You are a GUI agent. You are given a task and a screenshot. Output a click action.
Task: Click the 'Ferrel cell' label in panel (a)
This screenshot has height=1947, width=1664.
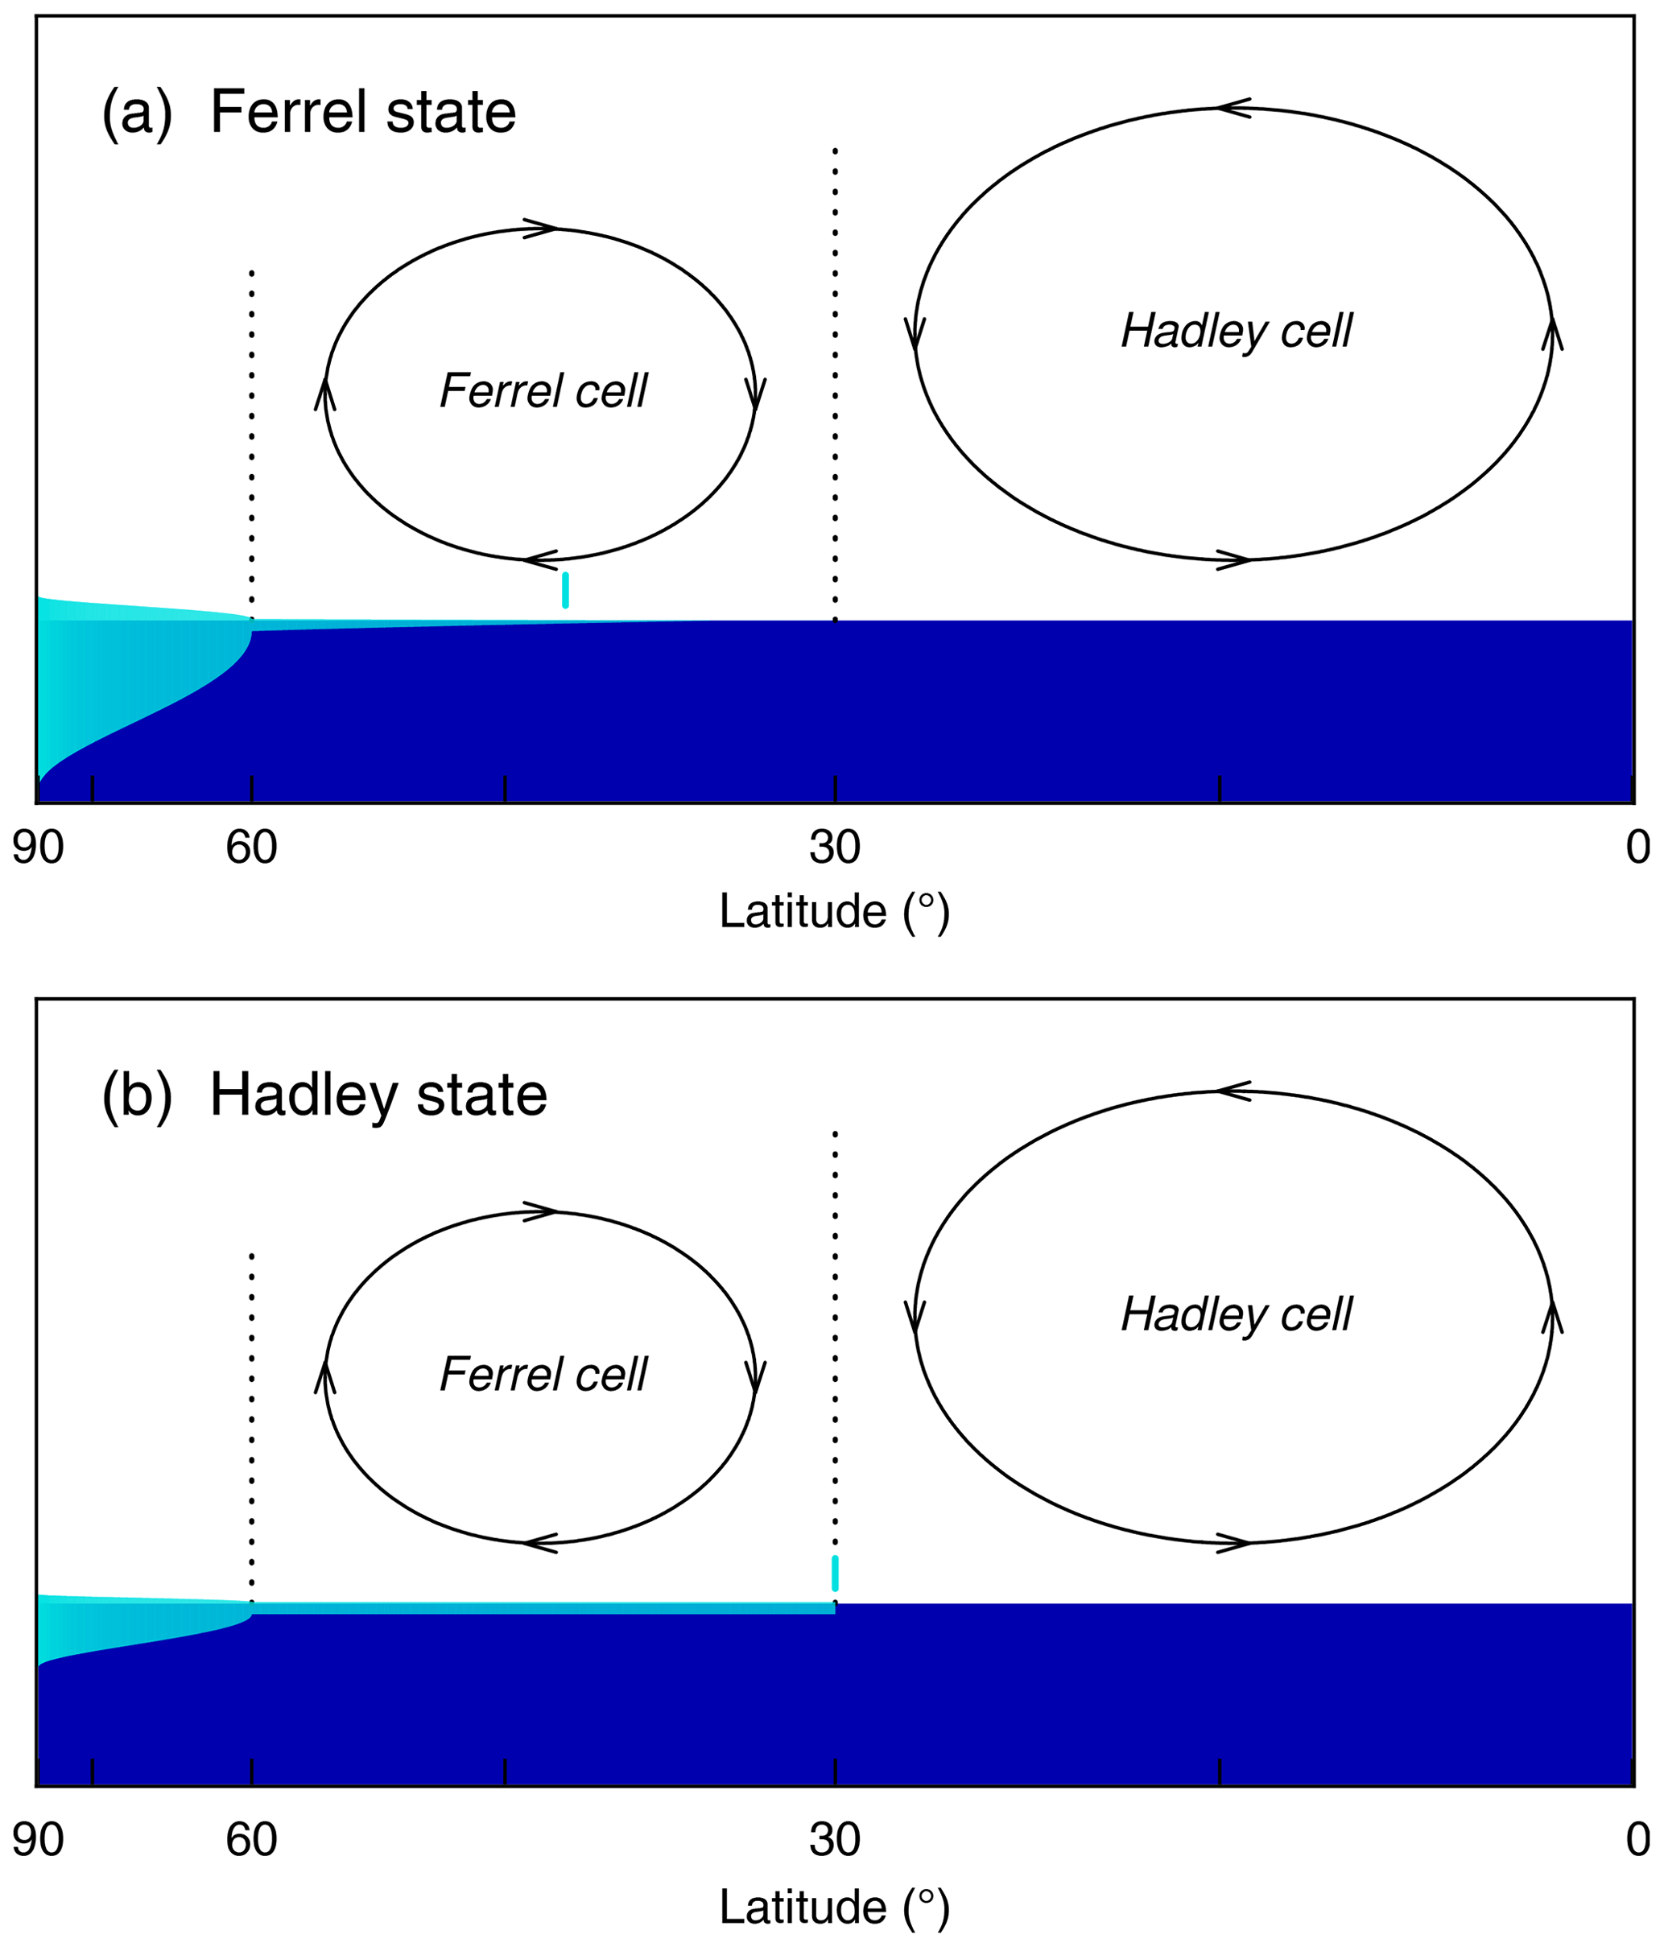tap(543, 391)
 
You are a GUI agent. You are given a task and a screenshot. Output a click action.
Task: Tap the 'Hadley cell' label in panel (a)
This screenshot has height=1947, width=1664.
tap(1237, 331)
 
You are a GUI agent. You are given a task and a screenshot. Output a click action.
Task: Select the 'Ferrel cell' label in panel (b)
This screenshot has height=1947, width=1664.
tap(543, 1374)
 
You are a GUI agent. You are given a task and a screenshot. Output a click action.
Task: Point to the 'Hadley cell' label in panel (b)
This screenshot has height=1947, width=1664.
tap(1237, 1314)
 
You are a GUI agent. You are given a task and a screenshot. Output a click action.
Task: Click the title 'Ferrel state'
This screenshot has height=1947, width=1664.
tap(363, 112)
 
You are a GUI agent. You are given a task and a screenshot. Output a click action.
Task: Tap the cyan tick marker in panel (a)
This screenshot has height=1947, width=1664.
tap(565, 589)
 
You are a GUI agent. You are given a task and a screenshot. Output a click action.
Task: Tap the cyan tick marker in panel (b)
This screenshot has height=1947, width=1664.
tap(835, 1573)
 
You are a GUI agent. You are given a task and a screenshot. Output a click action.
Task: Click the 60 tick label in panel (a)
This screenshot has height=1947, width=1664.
tap(251, 848)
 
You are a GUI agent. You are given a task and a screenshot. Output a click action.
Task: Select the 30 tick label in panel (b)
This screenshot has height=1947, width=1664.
tap(835, 1840)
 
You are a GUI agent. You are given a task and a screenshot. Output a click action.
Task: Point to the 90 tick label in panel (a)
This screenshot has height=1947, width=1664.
tap(38, 848)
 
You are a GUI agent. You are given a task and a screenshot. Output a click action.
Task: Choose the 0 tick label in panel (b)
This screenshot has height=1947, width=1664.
tap(1637, 1840)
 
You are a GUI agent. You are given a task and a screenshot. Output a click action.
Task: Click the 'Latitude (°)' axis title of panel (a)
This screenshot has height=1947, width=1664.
tap(835, 911)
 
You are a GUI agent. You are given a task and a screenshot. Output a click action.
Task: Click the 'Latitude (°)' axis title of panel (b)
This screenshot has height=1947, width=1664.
tap(835, 1908)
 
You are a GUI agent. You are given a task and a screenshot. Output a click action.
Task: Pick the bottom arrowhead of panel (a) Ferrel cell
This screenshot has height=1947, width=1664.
tap(539, 560)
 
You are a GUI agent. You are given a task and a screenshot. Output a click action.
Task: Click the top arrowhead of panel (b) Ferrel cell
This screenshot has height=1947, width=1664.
tap(540, 1212)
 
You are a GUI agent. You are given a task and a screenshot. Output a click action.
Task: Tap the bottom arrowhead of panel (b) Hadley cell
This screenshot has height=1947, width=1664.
tap(1233, 1543)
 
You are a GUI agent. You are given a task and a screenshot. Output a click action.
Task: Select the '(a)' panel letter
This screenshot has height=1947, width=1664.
tap(137, 112)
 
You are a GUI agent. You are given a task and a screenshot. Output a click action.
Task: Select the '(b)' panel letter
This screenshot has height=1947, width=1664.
tap(137, 1095)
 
